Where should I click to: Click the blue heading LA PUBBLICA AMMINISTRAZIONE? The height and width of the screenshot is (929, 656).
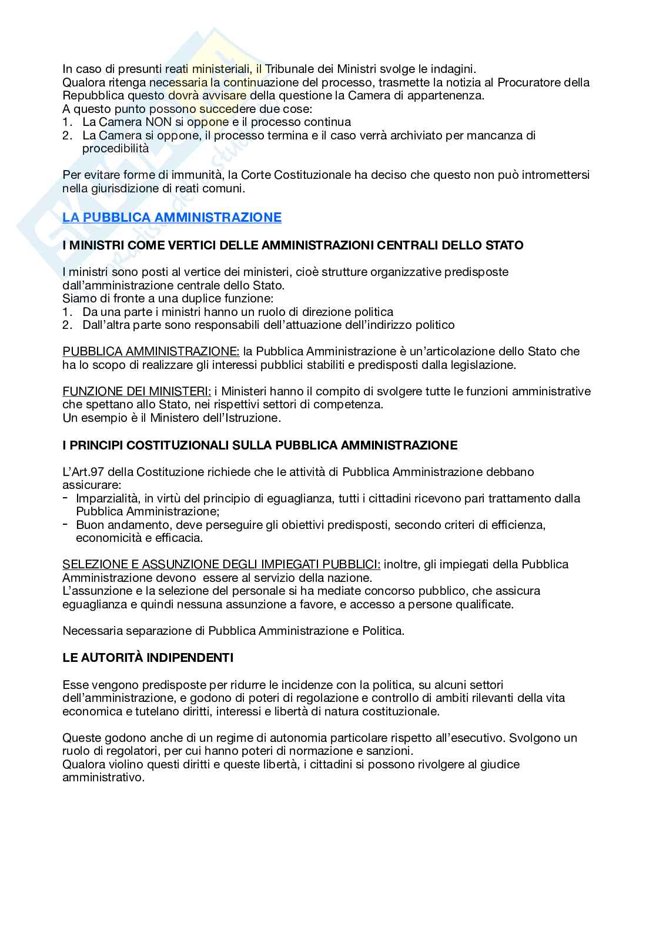[x=172, y=218]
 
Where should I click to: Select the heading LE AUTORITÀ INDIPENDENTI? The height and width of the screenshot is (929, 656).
[x=148, y=658]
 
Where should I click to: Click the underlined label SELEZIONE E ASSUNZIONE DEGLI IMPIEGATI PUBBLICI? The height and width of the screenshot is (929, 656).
[x=221, y=564]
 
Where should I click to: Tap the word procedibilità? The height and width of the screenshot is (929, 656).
[x=115, y=148]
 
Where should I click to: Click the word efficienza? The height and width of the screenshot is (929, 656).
[x=518, y=525]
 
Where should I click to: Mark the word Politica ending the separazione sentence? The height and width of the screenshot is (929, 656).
[x=382, y=631]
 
